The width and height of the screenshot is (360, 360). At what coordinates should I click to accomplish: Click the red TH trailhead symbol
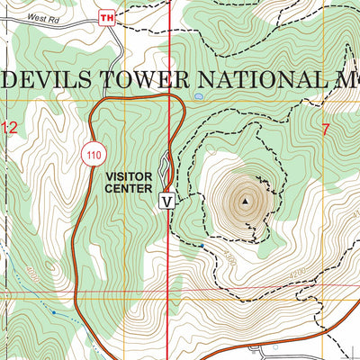(x=108, y=18)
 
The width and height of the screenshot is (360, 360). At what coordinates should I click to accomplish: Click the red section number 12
(x=9, y=130)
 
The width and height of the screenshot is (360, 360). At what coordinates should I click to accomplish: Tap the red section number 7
(x=325, y=130)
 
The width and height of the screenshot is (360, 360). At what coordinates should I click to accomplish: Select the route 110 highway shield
(x=93, y=154)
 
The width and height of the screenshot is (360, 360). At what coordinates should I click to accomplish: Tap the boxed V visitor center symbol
(x=166, y=201)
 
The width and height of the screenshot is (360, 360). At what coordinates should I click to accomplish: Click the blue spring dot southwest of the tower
(x=203, y=246)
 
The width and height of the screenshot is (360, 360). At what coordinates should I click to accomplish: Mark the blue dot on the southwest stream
(x=53, y=311)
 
